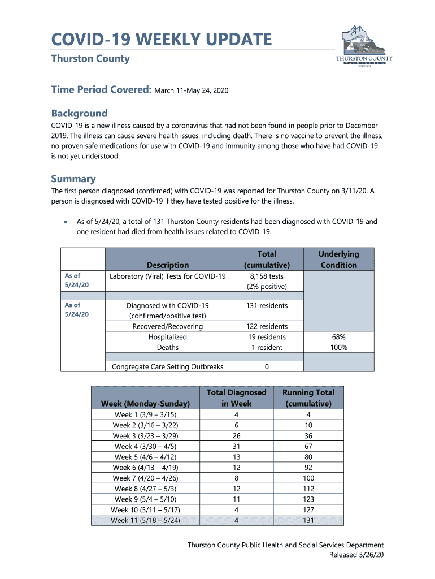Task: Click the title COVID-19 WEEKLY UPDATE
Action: pyautogui.click(x=161, y=40)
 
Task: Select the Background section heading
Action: pyautogui.click(x=79, y=113)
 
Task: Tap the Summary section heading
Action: pyautogui.click(x=73, y=179)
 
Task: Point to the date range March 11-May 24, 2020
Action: pyautogui.click(x=192, y=90)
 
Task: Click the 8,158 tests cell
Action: pyautogui.click(x=267, y=276)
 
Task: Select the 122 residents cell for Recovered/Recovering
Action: pyautogui.click(x=267, y=326)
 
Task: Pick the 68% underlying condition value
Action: pyautogui.click(x=338, y=337)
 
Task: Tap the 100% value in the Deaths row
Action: pyautogui.click(x=338, y=348)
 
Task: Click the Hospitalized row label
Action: pyautogui.click(x=168, y=337)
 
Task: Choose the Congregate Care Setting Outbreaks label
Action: pyautogui.click(x=168, y=366)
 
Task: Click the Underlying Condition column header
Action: pyautogui.click(x=338, y=260)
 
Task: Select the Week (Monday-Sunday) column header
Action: pyautogui.click(x=149, y=404)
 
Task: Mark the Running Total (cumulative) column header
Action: pyautogui.click(x=308, y=398)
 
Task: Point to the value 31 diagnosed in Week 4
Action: pyautogui.click(x=236, y=446)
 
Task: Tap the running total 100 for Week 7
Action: pyautogui.click(x=308, y=478)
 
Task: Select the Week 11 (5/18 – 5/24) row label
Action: pyautogui.click(x=146, y=521)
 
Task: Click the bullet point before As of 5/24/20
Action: pyautogui.click(x=67, y=222)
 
